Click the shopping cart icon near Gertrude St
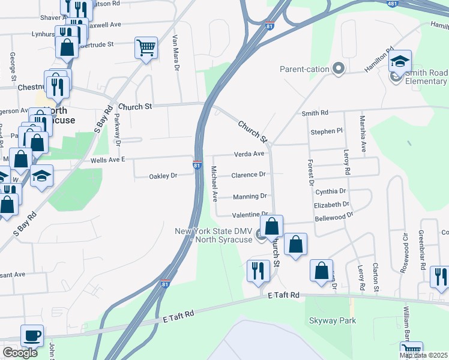[x=146, y=47]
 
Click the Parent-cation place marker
[x=339, y=69]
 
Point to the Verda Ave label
[x=249, y=154]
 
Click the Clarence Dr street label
[x=249, y=175]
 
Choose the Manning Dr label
[x=250, y=196]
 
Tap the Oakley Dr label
[x=163, y=176]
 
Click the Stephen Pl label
[x=326, y=131]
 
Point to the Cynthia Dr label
[x=331, y=191]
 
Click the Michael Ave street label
[x=213, y=184]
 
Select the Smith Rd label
[x=315, y=113]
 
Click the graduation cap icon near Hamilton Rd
[x=400, y=61]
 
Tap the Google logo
[x=20, y=353]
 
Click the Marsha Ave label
[x=363, y=133]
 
